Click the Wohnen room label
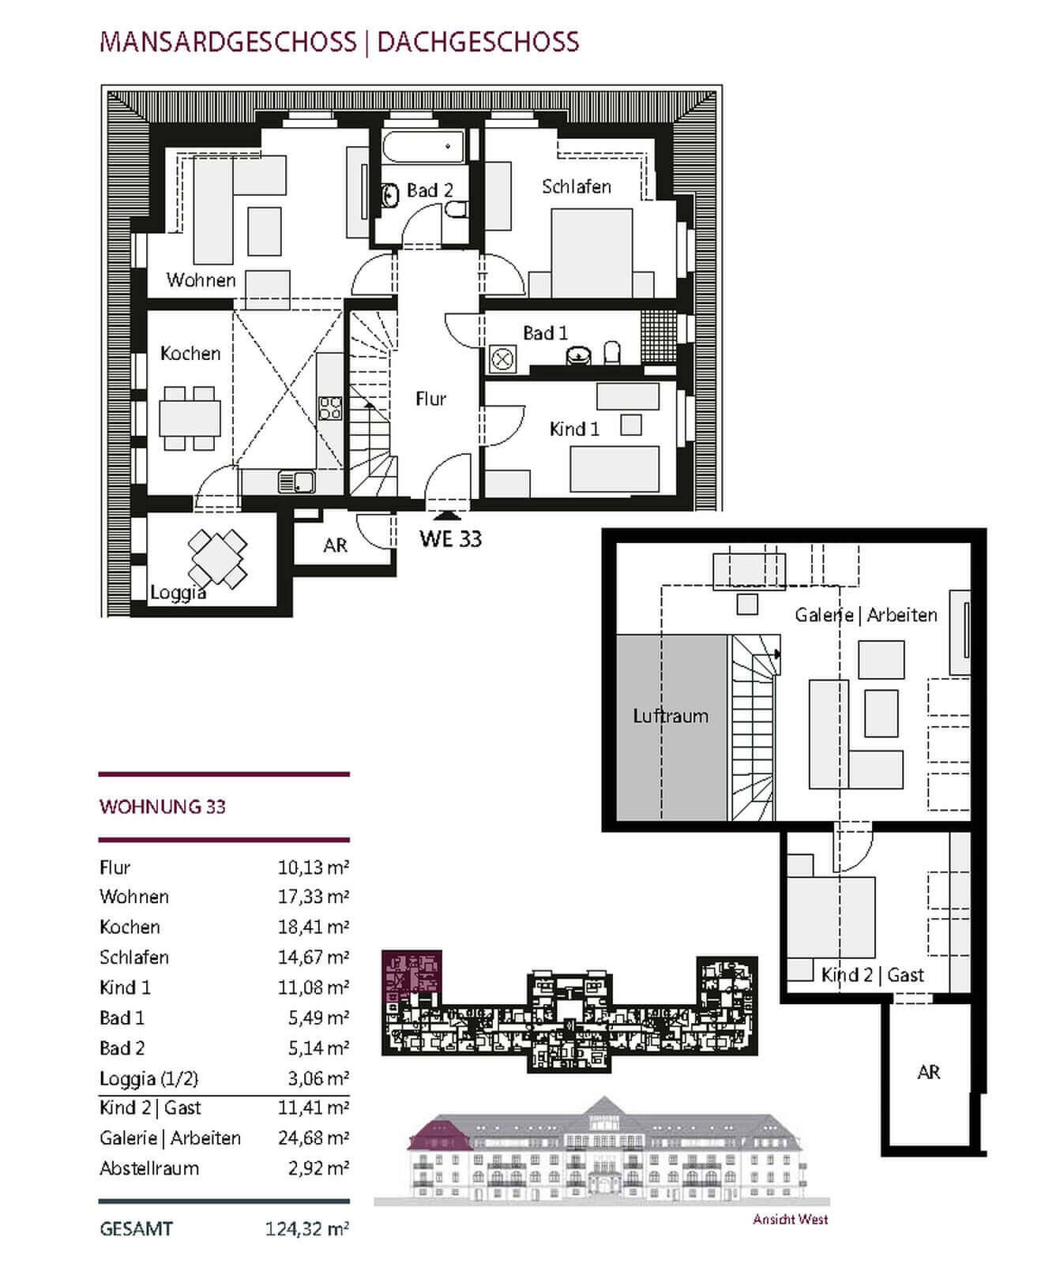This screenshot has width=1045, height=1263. tap(201, 280)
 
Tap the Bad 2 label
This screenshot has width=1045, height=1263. tap(430, 190)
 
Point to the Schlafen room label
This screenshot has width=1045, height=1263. tap(577, 187)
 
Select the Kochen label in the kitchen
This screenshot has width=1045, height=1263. tap(190, 353)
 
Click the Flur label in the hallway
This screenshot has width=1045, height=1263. tap(431, 399)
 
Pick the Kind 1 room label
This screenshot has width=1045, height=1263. tap(574, 429)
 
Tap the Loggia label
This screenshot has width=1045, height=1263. tap(179, 593)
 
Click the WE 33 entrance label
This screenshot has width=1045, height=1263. tap(450, 538)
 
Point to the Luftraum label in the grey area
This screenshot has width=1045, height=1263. tap(671, 716)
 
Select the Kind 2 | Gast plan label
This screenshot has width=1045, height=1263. tap(872, 975)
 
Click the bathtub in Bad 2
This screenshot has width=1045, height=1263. tap(423, 147)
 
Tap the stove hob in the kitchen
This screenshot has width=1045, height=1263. tap(330, 407)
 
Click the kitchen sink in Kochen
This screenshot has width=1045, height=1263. tap(296, 481)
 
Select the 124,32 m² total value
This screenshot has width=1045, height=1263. tap(306, 1229)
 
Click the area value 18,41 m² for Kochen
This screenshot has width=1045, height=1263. tap(313, 927)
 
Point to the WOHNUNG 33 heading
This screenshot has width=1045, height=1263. tap(163, 807)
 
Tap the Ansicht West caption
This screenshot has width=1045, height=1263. tap(791, 1220)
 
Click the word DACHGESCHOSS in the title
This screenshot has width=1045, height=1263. tap(479, 42)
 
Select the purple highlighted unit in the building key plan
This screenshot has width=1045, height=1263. tap(412, 976)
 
